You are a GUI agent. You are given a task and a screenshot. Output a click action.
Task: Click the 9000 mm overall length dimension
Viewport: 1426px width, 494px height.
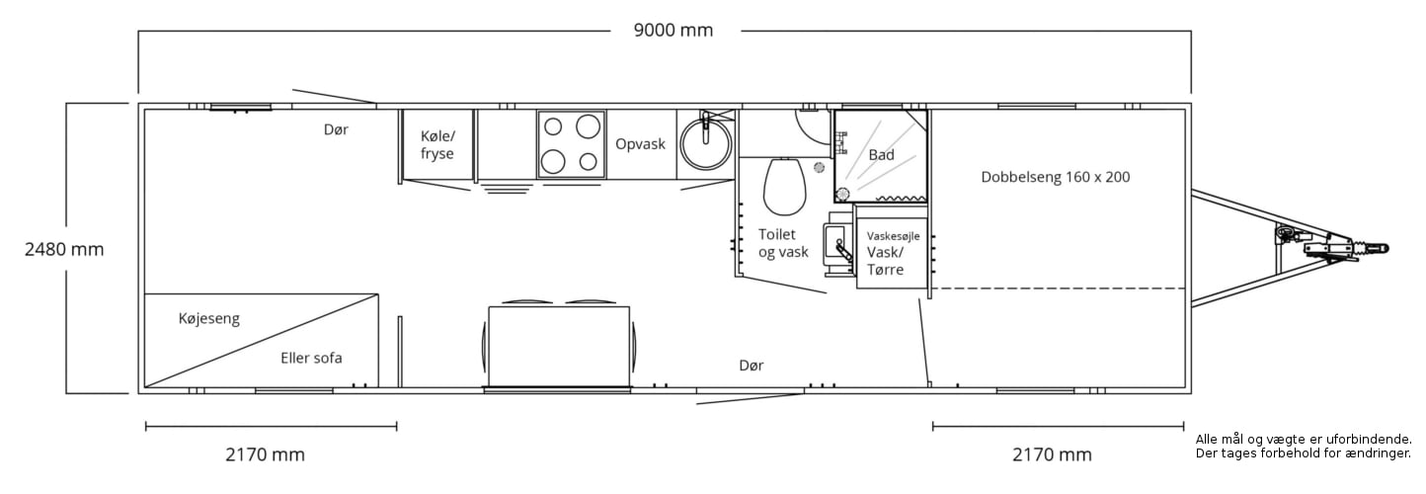tap(673, 30)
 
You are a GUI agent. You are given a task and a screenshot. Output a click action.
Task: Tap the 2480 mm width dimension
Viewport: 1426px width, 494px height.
tap(64, 249)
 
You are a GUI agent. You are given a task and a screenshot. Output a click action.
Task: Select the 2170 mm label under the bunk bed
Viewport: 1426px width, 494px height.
tap(265, 454)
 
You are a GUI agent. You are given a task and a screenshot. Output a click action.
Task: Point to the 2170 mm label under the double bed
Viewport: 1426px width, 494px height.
tap(1052, 454)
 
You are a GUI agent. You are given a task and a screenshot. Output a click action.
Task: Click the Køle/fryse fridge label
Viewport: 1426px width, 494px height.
tap(437, 144)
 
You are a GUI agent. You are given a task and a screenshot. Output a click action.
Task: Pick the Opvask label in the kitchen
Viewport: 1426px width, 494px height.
tap(640, 144)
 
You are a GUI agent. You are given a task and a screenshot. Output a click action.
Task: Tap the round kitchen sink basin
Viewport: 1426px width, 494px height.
tap(705, 143)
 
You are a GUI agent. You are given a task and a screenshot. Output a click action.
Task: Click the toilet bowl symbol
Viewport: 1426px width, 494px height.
tap(784, 187)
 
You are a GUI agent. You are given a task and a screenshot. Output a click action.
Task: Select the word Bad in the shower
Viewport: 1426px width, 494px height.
tap(881, 155)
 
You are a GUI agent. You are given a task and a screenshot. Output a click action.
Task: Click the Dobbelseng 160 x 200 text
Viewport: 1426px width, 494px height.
tap(1056, 177)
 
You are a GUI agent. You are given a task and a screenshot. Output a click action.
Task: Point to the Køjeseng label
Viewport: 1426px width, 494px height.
tap(208, 318)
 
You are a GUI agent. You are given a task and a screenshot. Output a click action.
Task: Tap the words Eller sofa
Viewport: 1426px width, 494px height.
tap(311, 358)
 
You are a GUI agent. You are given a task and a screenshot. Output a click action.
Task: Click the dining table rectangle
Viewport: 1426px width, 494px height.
tap(559, 347)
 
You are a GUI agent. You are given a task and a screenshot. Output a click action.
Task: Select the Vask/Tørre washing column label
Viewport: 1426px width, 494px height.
tap(886, 261)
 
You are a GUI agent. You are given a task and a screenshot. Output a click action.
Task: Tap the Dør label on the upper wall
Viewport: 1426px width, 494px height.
tap(336, 129)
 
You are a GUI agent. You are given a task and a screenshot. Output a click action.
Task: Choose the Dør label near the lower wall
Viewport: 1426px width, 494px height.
tap(752, 366)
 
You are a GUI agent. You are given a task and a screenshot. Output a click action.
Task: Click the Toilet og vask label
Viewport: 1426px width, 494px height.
tap(783, 243)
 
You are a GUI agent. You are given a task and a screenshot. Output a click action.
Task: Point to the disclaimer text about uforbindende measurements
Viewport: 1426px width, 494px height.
tap(1304, 447)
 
